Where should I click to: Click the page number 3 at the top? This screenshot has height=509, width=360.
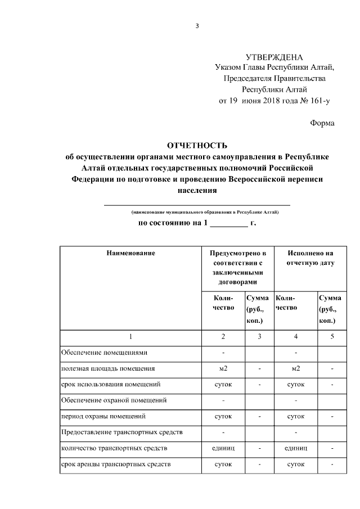pos(197,26)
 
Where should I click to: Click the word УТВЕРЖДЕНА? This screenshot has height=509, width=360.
pos(274,57)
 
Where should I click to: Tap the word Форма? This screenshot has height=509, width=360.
pos(322,123)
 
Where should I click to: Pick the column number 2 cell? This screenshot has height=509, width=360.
pos(223,336)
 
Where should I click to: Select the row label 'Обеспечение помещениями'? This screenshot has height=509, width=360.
pos(104,353)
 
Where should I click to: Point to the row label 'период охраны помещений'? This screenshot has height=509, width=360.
pos(103,417)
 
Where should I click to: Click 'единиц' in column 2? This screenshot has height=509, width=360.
pos(223,449)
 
